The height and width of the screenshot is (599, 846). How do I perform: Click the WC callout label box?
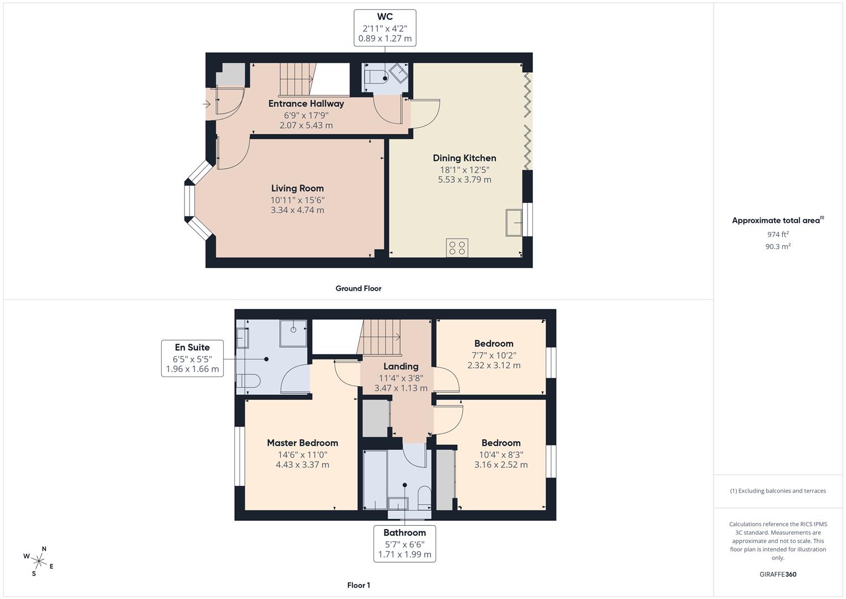[x=384, y=28]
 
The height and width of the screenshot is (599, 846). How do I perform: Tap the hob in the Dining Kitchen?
[x=457, y=247]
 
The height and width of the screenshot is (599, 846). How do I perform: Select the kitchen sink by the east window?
[x=514, y=222]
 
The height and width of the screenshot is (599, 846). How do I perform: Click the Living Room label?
[x=297, y=189]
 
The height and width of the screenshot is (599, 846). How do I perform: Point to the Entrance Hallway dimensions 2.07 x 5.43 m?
[x=306, y=125]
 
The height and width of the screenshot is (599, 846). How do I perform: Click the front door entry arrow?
[x=207, y=104]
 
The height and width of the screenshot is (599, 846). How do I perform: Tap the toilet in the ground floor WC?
[x=376, y=77]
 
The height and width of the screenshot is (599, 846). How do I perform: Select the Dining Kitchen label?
[x=464, y=158]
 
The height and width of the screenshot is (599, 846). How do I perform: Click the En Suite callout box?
[x=192, y=358]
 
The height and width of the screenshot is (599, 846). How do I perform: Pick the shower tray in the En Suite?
[x=293, y=332]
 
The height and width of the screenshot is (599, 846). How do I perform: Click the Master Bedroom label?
[x=302, y=443]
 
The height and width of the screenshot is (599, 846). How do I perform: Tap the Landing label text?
[x=401, y=367]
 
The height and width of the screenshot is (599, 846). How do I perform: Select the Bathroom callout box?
[x=404, y=544]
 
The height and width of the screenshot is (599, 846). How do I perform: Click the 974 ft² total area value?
[x=777, y=235]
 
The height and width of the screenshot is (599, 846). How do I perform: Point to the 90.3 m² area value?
[x=777, y=247]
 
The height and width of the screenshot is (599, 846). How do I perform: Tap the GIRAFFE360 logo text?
[x=777, y=575]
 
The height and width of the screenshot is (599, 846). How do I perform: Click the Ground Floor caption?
[x=358, y=288]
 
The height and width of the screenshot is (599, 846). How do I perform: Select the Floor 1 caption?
[x=358, y=585]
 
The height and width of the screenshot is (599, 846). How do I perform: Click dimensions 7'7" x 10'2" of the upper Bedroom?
[x=494, y=355]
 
